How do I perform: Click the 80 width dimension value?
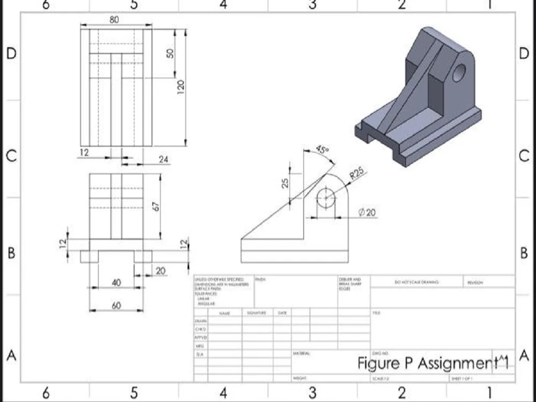(114, 19)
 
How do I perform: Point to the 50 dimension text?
(170, 54)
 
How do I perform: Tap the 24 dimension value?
(163, 159)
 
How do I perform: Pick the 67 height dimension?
(157, 206)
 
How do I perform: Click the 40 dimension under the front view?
(116, 282)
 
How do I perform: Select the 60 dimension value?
(116, 306)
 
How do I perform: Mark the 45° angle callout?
(322, 150)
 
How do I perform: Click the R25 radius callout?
(356, 173)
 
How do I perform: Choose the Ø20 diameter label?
(367, 213)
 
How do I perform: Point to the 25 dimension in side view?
(286, 183)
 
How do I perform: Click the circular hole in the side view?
(325, 198)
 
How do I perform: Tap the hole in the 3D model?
(459, 72)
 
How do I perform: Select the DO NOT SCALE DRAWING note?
(416, 282)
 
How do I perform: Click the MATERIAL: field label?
(301, 354)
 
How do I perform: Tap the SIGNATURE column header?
(256, 312)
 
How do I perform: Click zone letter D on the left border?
(11, 54)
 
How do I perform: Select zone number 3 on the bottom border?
(312, 393)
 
